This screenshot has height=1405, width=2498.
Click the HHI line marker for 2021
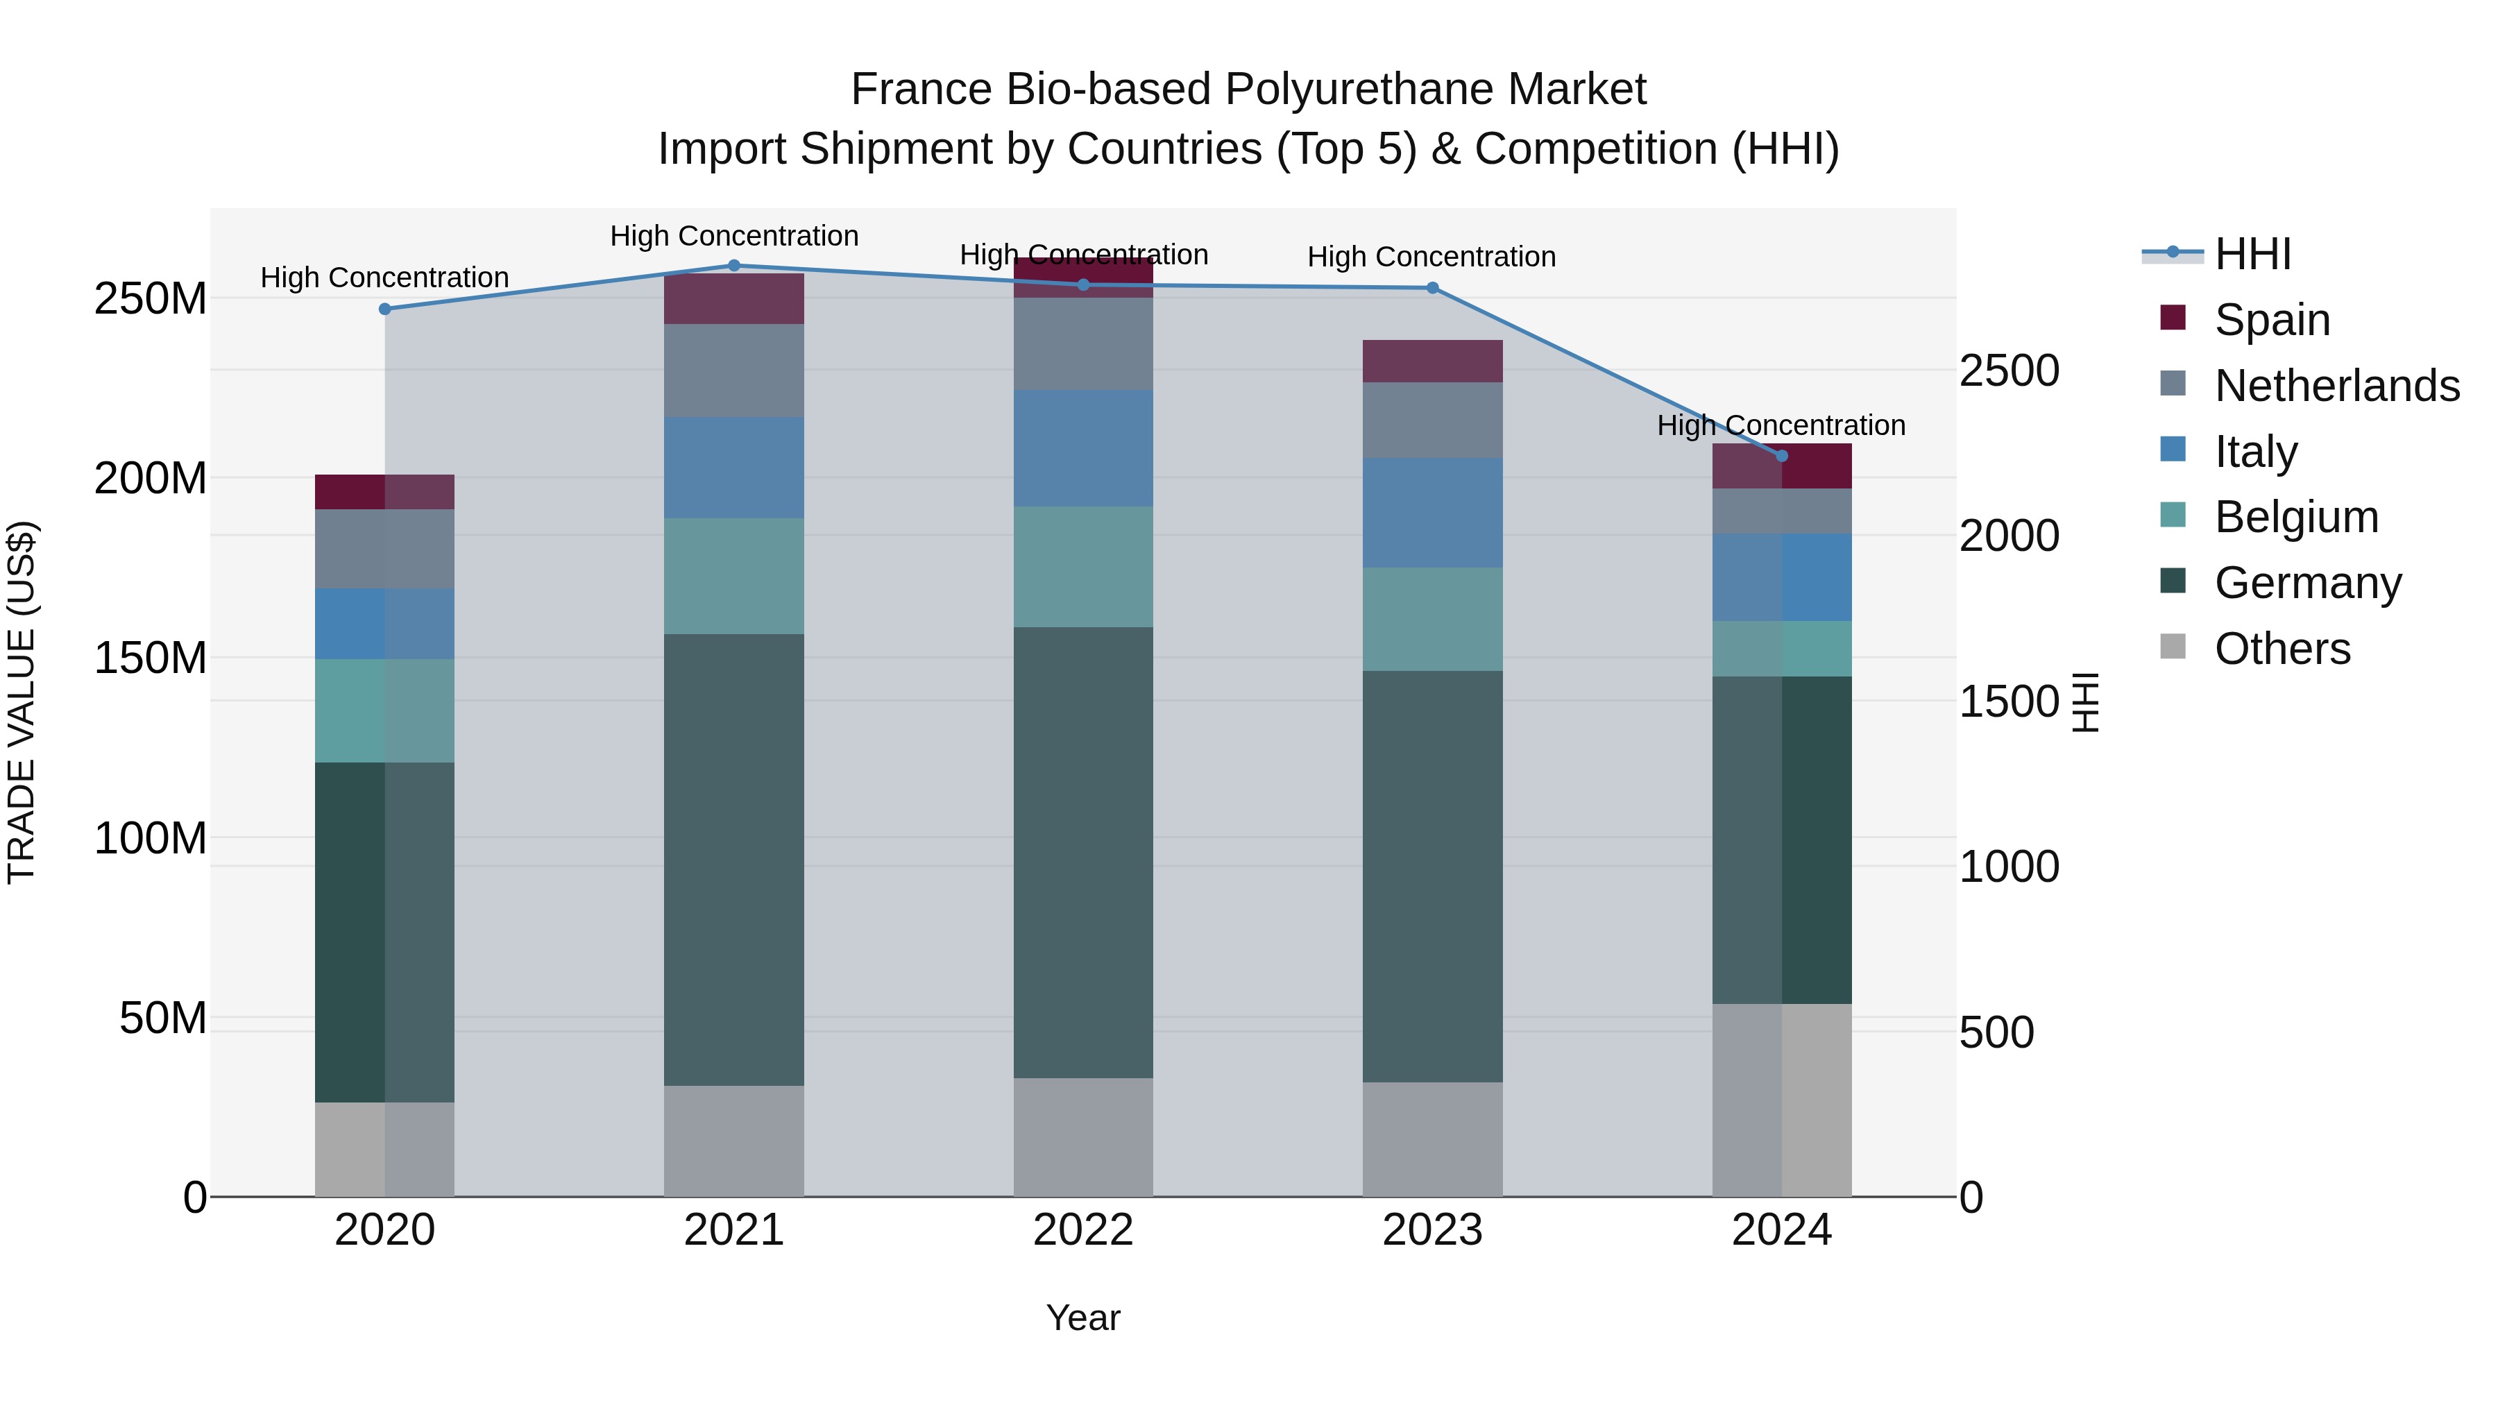[734, 266]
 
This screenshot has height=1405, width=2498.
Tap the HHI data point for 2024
[1781, 456]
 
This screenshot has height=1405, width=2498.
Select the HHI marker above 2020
[385, 309]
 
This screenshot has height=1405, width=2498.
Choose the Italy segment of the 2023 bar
[1432, 513]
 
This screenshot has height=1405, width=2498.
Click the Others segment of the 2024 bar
[1781, 1100]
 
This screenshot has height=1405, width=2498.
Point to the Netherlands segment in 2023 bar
[1432, 420]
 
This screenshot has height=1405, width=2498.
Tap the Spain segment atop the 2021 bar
[734, 298]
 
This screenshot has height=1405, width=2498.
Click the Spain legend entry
[2272, 320]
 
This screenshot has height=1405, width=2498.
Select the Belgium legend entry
[2296, 517]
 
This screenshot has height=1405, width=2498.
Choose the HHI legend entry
[2252, 254]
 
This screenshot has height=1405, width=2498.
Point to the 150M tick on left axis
[151, 658]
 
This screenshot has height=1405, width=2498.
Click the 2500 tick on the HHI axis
[2010, 371]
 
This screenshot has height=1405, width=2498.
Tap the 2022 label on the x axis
[1083, 1230]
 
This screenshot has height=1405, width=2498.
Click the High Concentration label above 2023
[1431, 257]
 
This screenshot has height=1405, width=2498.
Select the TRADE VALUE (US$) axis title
[22, 702]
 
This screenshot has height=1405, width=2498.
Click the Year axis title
[1083, 1318]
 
